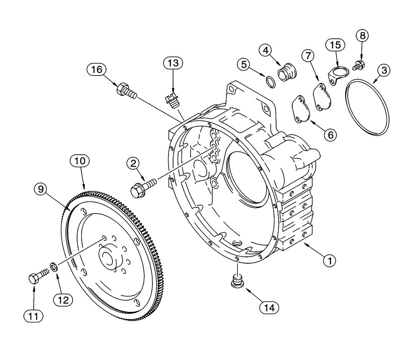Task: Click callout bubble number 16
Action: pyautogui.click(x=96, y=69)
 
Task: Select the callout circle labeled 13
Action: pyautogui.click(x=173, y=63)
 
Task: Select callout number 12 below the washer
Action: pyautogui.click(x=65, y=299)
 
